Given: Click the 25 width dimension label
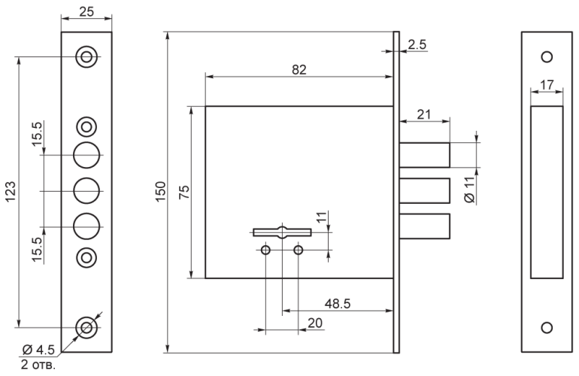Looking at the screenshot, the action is [x=86, y=11].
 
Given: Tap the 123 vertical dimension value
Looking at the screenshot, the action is [x=11, y=192].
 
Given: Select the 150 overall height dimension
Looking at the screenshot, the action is [x=161, y=192].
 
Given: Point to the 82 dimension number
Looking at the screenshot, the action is [x=299, y=69].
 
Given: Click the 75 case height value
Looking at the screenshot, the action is [x=184, y=192].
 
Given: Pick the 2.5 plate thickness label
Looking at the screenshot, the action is [x=417, y=44].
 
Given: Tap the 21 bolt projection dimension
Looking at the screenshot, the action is [x=424, y=114].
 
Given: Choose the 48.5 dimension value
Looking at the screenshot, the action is [x=338, y=304].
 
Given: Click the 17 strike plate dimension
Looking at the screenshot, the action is [x=547, y=85].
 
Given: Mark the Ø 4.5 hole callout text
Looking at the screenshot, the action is [x=38, y=349].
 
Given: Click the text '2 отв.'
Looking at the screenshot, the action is [x=38, y=365].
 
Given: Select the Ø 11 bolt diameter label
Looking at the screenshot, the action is [x=469, y=190].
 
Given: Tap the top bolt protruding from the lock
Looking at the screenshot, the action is [x=425, y=155].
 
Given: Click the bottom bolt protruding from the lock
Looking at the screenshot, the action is [x=425, y=226].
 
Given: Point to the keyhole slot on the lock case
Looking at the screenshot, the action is [x=282, y=232].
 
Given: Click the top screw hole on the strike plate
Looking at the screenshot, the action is [x=547, y=57].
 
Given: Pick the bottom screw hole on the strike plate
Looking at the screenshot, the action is [x=547, y=328].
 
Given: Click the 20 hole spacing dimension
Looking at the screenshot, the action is [x=315, y=323].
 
